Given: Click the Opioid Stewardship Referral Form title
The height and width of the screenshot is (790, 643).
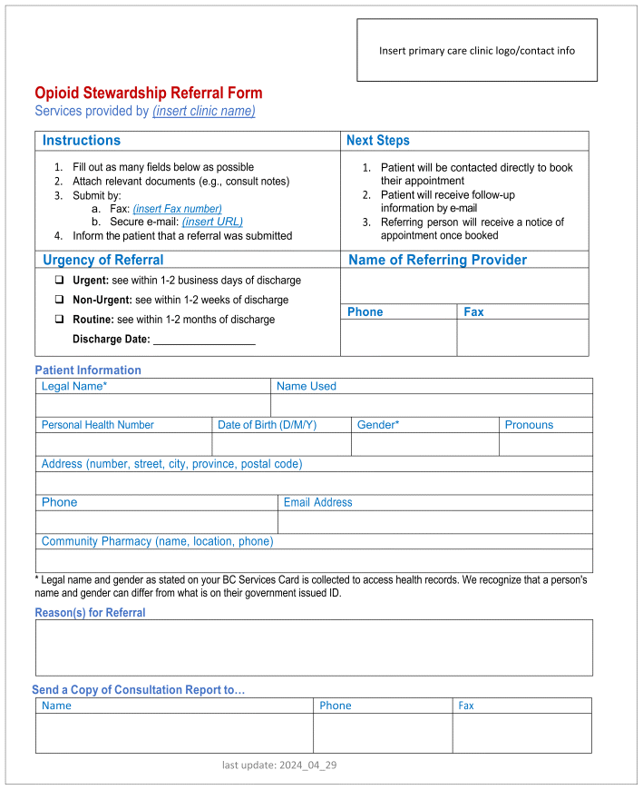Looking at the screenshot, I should point(149,93).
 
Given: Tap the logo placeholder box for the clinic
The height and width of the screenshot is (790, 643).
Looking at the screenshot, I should point(476,51).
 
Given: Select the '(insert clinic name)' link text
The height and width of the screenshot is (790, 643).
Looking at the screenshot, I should point(204,111).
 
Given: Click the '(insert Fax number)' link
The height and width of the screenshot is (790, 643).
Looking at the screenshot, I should point(177,209).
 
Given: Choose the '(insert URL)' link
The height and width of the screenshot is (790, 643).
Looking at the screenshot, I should point(212,222).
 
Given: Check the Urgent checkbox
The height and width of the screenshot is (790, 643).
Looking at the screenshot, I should point(60,281).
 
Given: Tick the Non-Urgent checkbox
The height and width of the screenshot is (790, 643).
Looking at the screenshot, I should point(60,300).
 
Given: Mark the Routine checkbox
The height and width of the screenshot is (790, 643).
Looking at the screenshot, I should point(60,320).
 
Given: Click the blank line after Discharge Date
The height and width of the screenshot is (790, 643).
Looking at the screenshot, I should point(204,341).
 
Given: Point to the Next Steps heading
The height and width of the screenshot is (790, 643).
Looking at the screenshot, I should point(378,141).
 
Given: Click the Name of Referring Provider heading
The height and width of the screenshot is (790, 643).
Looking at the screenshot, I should point(437,261).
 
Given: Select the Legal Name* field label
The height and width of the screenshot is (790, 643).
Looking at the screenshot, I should point(74,387).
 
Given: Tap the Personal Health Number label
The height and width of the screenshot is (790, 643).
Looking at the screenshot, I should point(98,425).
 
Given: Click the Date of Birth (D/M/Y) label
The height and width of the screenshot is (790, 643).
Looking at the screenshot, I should point(267,425).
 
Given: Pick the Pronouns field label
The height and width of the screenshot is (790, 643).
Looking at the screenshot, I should point(529,425).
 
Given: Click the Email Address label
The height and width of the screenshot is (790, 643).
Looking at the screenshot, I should point(317,502).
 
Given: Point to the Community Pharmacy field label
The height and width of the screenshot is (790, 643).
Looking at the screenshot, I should point(157,541).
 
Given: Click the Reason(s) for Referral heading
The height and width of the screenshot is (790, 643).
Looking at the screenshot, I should point(90,613).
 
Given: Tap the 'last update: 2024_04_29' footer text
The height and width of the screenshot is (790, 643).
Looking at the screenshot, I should point(279,765).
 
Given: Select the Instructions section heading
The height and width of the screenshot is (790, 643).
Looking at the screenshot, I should point(82,141).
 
